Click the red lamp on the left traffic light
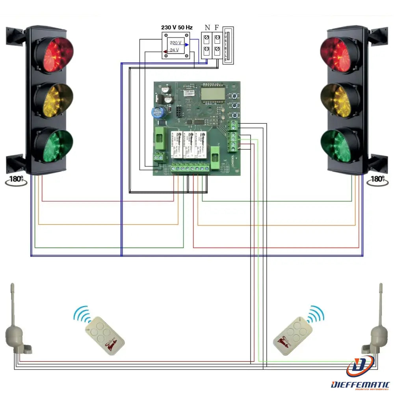point(54,55)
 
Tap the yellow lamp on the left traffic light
point(54,100)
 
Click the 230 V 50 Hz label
point(177,28)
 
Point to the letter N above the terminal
point(207,28)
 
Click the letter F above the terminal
point(217,28)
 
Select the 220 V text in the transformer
point(175,43)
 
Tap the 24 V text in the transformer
point(174,50)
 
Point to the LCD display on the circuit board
point(212,94)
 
